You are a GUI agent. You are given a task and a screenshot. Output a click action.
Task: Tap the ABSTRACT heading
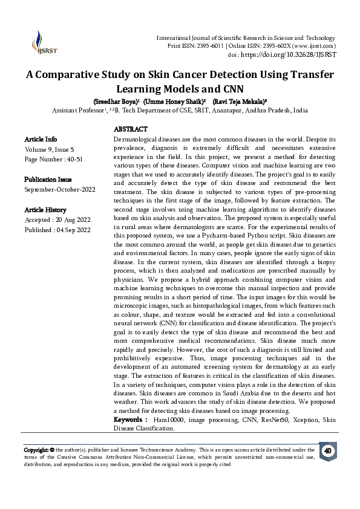tap(131, 130)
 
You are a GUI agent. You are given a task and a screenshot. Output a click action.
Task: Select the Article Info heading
tap(41, 139)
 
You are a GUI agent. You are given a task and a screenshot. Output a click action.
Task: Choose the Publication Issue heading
tap(49, 180)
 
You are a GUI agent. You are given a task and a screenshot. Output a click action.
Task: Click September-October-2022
tap(60, 189)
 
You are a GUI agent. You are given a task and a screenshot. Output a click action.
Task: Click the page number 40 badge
tap(327, 451)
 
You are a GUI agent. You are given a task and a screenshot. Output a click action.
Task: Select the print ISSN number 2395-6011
tap(206, 46)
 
